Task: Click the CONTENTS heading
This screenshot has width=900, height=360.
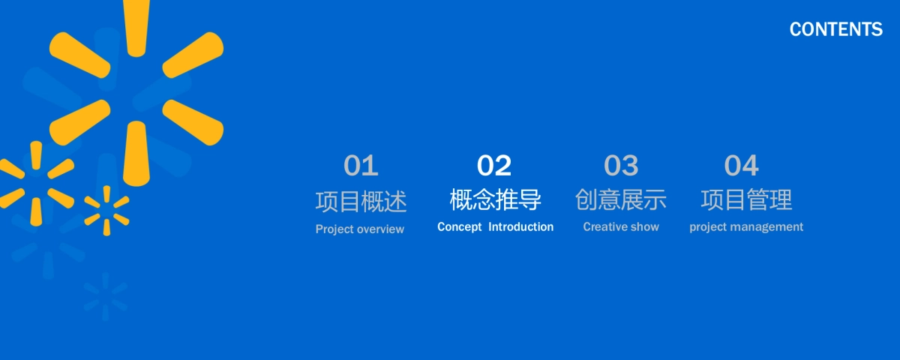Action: [x=835, y=29]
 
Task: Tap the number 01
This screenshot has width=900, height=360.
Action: [x=361, y=165]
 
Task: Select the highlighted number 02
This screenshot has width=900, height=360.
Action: [x=493, y=165]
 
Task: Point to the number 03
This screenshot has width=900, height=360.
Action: [x=621, y=165]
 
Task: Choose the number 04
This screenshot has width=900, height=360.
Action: [x=741, y=165]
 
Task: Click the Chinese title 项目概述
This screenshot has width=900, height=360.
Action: [x=361, y=201]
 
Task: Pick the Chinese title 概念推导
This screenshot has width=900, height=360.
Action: [x=495, y=199]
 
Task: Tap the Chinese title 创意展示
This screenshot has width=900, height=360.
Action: [x=621, y=199]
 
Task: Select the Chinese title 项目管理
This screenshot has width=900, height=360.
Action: [x=746, y=199]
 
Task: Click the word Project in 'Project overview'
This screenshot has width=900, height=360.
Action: [x=335, y=229]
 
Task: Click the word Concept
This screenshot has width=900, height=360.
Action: [x=459, y=227]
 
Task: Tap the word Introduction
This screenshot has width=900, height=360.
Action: [x=520, y=226]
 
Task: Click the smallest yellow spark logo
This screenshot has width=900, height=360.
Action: [x=106, y=211]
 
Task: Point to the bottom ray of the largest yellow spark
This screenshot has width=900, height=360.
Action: [x=136, y=154]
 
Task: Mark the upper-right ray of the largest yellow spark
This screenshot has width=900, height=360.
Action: [x=193, y=55]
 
